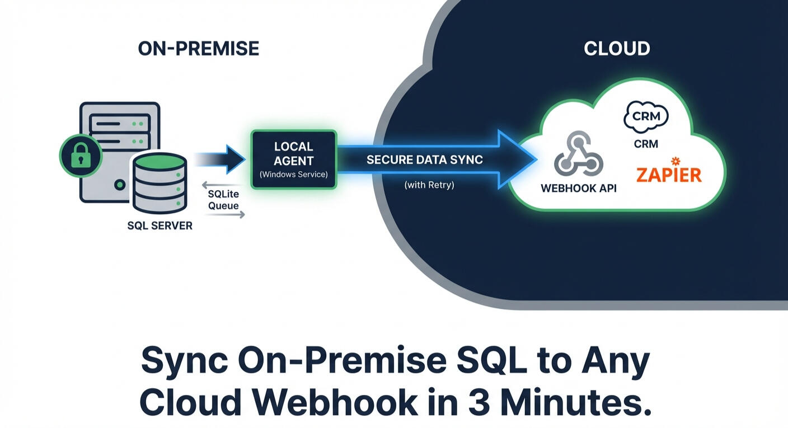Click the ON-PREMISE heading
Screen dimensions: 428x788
(x=198, y=49)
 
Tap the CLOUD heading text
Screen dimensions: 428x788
(x=616, y=49)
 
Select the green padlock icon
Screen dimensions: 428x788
(x=81, y=156)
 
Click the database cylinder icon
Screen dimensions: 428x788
(x=159, y=182)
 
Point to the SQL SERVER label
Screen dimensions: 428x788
(x=160, y=226)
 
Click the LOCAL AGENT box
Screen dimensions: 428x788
(x=293, y=159)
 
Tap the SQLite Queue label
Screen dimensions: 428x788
(x=223, y=200)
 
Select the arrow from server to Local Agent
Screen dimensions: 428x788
(x=222, y=159)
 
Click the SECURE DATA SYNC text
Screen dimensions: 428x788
(x=424, y=160)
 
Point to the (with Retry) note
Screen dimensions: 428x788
(x=429, y=185)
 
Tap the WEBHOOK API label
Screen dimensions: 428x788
(x=578, y=189)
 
